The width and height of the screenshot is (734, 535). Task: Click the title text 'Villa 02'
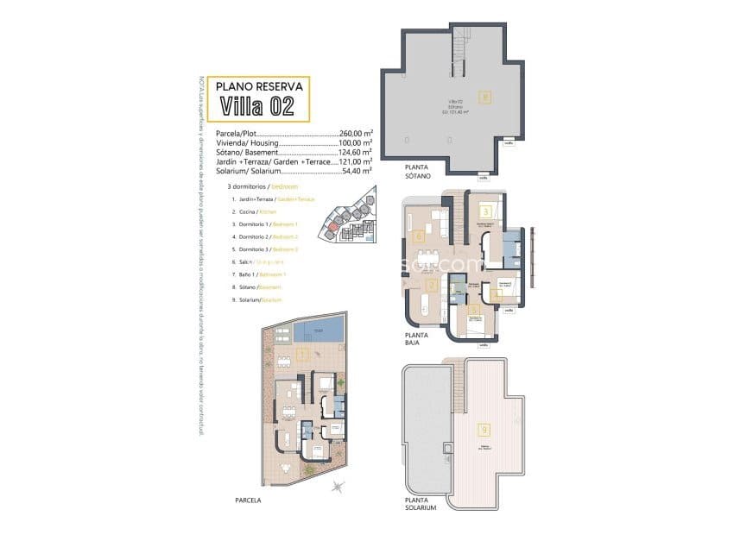257,106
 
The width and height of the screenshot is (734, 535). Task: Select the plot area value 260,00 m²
355,134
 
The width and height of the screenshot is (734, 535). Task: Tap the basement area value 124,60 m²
355,152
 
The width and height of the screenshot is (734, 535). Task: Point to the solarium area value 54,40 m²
355,170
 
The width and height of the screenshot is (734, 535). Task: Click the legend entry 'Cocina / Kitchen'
255,211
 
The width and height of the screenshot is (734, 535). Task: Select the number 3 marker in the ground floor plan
486,211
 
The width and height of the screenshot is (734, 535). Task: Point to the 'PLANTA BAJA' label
418,338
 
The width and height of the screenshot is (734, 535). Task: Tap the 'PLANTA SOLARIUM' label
421,504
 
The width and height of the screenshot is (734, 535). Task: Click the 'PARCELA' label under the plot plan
247,500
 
